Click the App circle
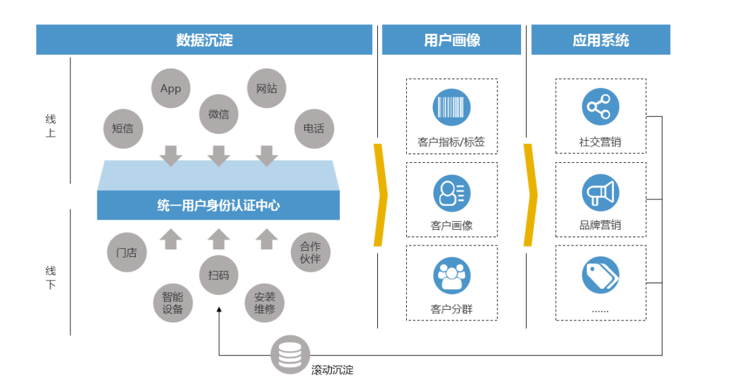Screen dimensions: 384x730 pos(170,89)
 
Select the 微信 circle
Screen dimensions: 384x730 pos(218,114)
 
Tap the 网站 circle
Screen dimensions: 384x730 pos(266,89)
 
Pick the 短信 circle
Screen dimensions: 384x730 pos(122,128)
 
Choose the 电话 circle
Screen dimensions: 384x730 pos(314,128)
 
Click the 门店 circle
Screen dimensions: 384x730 pos(126,252)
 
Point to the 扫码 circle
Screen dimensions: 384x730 pos(218,275)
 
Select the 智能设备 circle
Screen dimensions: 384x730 pos(172,303)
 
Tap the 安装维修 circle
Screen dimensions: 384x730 pos(264,303)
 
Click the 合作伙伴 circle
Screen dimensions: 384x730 pos(310,252)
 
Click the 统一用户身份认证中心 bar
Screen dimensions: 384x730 pos(218,206)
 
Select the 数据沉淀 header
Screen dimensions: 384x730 pos(204,40)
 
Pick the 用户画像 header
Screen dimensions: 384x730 pos(452,40)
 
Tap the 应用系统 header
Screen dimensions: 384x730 pos(600,40)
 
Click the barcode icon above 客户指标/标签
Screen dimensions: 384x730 pos(452,107)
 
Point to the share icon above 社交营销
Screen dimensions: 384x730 pos(600,107)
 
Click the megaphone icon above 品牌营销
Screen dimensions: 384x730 pos(600,193)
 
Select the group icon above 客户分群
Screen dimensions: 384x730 pos(452,276)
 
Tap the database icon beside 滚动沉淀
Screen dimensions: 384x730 pos(290,355)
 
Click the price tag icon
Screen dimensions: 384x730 pos(600,276)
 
